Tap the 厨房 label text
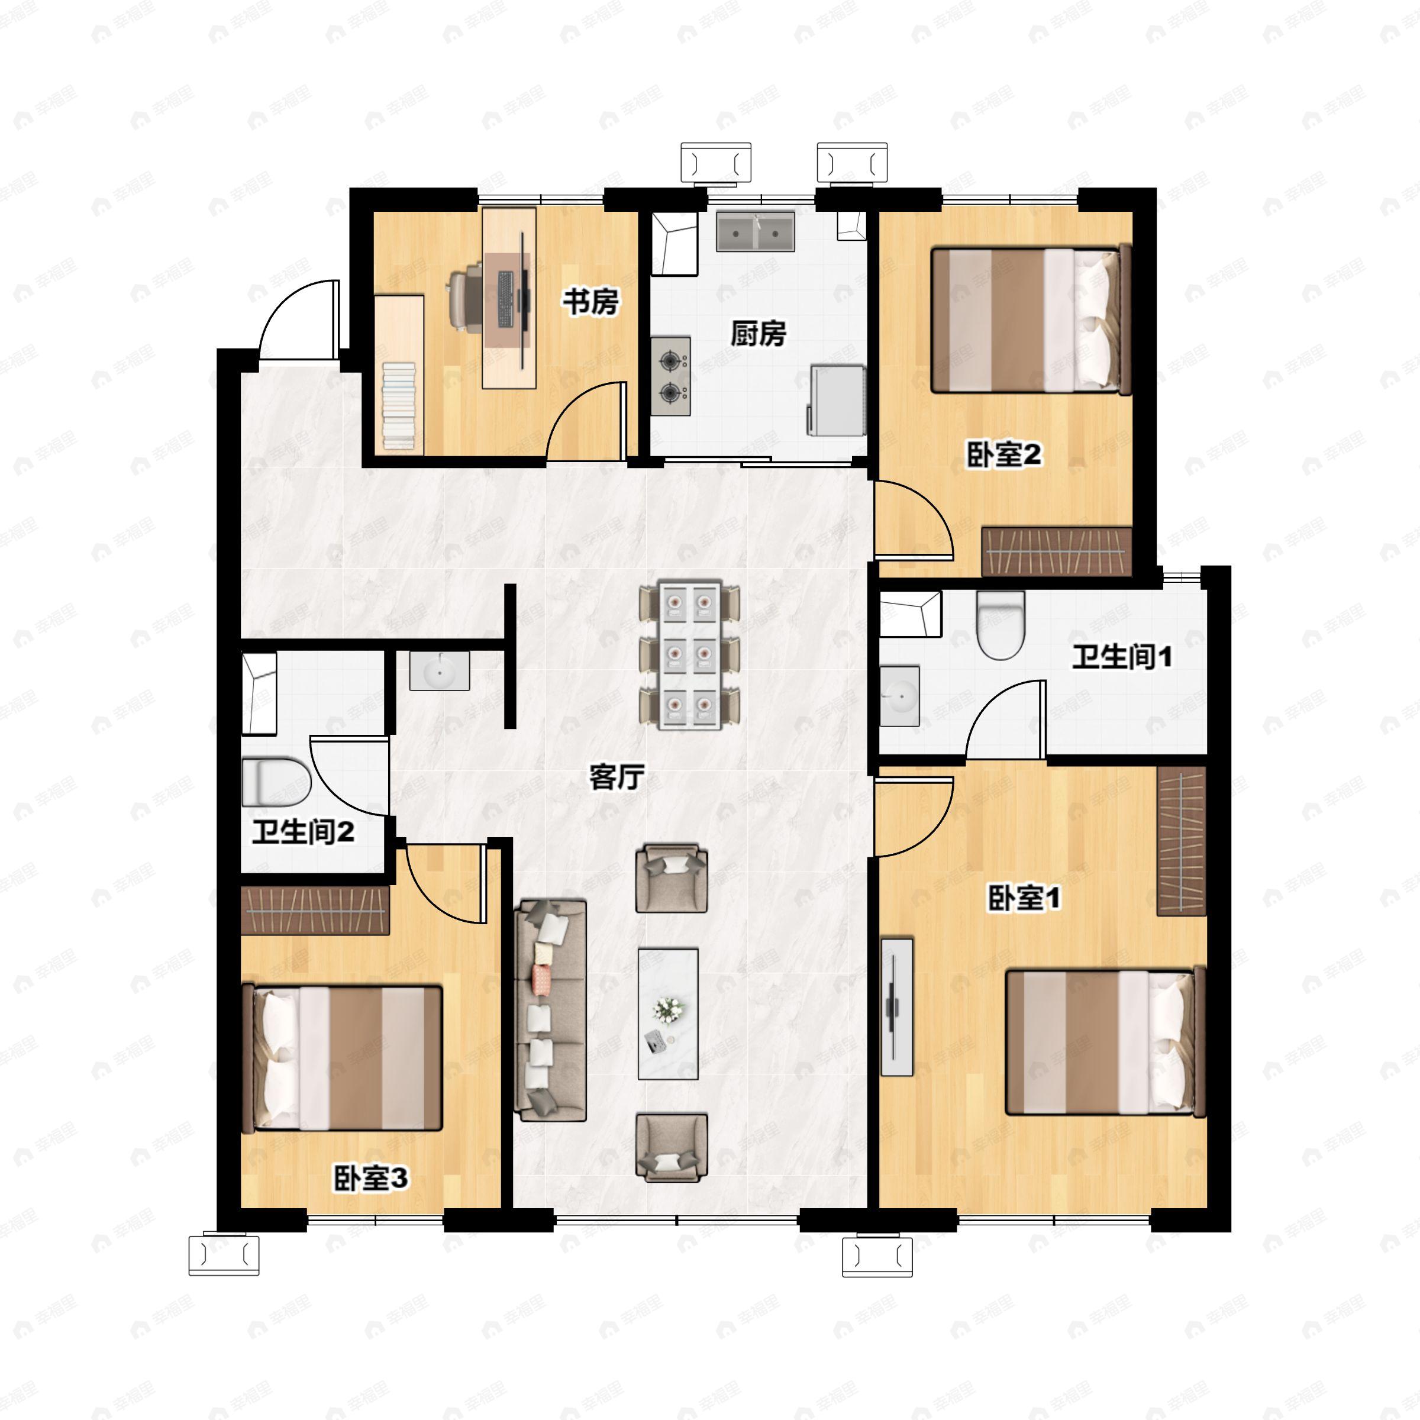tap(758, 333)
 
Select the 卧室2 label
tap(1003, 455)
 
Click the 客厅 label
tap(617, 776)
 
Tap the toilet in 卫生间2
tap(276, 782)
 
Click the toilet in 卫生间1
tap(1001, 625)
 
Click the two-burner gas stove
tap(670, 376)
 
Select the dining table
tap(689, 655)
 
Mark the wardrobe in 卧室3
tap(315, 911)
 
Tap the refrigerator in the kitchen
tap(837, 400)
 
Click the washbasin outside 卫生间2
tap(440, 671)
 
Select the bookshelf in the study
tap(399, 375)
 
